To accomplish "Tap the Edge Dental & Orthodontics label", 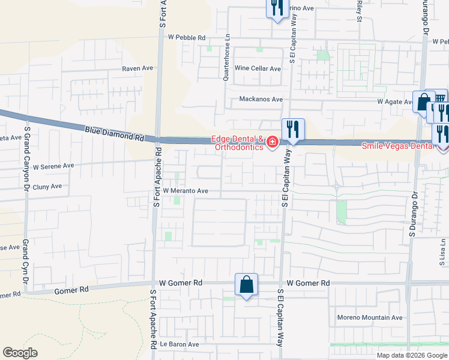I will coord(238,143).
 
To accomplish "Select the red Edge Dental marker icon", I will coord(273,142).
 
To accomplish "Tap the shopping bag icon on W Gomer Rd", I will coord(247,284).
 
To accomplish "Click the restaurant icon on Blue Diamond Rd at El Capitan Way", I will coord(293,129).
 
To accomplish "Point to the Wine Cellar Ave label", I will coord(258,69).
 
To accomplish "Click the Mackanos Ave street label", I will coord(261,99).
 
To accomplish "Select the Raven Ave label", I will coord(138,69).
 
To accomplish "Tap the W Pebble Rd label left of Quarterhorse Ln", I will coord(187,37).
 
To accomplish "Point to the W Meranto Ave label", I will coord(185,191).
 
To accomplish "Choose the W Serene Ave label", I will coord(53,166).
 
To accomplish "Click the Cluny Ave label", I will coord(47,187).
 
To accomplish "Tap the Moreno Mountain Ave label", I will coord(370,317).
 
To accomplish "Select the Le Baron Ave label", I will coord(179,344).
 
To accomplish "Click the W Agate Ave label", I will coord(397,102).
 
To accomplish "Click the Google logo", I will coord(20,353).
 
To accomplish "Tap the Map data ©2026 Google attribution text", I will coord(411,355).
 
